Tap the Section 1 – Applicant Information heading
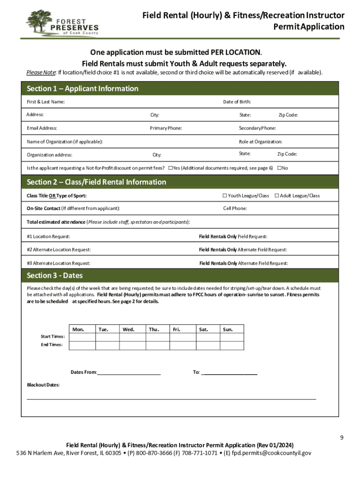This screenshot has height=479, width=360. tap(82, 89)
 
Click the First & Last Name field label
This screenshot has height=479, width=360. tap(45, 102)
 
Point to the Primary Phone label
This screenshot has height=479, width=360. tap(166, 128)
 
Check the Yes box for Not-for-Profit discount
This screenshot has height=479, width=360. tap(171, 168)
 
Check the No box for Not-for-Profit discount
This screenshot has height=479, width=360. tap(279, 168)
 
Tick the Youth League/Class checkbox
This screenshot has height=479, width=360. tap(224, 196)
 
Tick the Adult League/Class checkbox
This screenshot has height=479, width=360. tap(277, 196)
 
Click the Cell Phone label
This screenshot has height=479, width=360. tap(235, 209)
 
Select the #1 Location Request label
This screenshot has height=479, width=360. tap(48, 237)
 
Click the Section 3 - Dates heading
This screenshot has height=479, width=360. tap(55, 276)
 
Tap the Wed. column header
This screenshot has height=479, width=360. tap(129, 329)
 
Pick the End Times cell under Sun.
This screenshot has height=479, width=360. tap(232, 345)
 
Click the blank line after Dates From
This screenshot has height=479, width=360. tap(129, 372)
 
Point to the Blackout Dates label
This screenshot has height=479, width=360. tap(43, 385)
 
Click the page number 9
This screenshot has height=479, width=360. tap(342, 438)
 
